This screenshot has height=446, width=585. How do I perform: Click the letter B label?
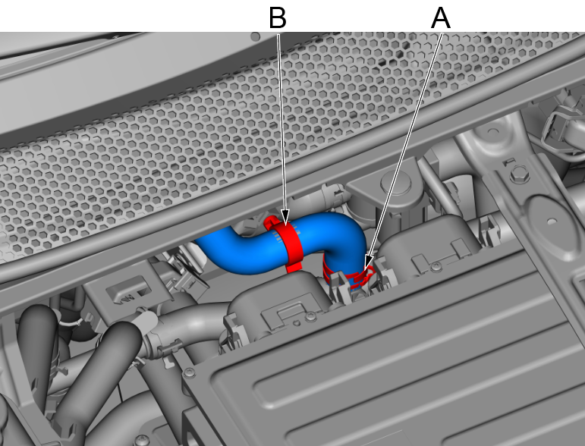pyautogui.click(x=278, y=18)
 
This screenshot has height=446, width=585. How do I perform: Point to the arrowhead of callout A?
pyautogui.click(x=367, y=264)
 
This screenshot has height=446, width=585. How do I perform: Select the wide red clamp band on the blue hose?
pyautogui.click(x=288, y=243)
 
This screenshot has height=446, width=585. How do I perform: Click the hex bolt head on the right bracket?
pyautogui.click(x=520, y=174)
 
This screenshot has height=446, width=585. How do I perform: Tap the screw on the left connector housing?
pyautogui.click(x=311, y=317)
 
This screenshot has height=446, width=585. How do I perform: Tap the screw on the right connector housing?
pyautogui.click(x=436, y=266)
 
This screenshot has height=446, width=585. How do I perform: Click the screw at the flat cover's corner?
pyautogui.click(x=190, y=373)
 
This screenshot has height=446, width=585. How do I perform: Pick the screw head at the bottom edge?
pyautogui.click(x=141, y=441)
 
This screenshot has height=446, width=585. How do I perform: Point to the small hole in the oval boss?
pyautogui.click(x=551, y=222)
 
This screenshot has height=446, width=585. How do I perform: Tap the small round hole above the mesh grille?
pyautogui.click(x=256, y=36)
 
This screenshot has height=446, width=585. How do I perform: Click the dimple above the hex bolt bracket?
pyautogui.click(x=493, y=131)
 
